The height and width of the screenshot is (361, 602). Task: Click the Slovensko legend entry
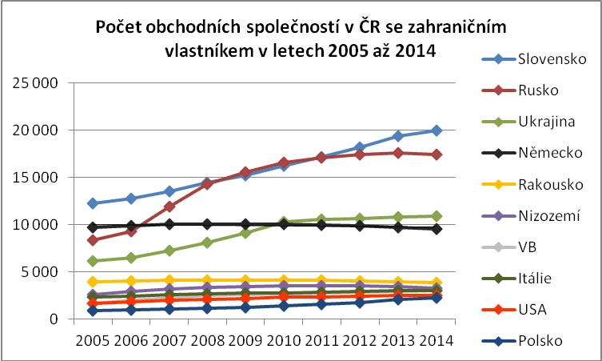pyautogui.click(x=534, y=59)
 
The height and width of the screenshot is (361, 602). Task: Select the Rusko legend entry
pyautogui.click(x=520, y=90)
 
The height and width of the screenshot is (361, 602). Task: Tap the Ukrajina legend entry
pyautogui.click(x=528, y=122)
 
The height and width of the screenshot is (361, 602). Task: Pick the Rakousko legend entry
pyautogui.click(x=532, y=184)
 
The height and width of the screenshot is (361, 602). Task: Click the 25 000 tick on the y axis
pyautogui.click(x=35, y=83)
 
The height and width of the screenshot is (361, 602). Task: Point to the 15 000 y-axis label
pyautogui.click(x=35, y=178)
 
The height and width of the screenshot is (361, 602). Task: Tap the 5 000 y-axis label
pyautogui.click(x=38, y=272)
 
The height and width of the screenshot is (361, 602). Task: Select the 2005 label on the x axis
pyautogui.click(x=93, y=341)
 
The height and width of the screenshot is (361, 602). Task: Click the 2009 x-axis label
pyautogui.click(x=245, y=341)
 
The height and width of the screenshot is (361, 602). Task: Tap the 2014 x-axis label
pyautogui.click(x=437, y=341)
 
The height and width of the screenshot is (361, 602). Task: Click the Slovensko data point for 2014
pyautogui.click(x=437, y=130)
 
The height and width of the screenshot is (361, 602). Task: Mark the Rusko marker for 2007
pyautogui.click(x=169, y=207)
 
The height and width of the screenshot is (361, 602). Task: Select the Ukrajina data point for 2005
pyautogui.click(x=93, y=261)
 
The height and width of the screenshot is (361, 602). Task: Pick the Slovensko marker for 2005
pyautogui.click(x=93, y=203)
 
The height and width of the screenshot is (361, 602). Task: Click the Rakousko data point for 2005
pyautogui.click(x=93, y=282)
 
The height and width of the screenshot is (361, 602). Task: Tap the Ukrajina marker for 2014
pyautogui.click(x=437, y=216)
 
